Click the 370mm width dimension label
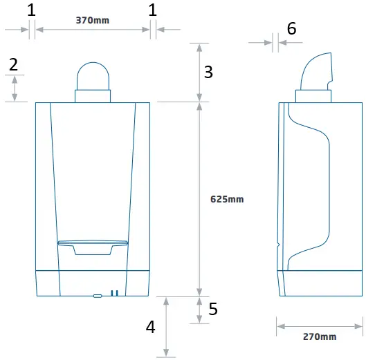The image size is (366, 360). tap(92, 20)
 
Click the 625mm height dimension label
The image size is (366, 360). tap(227, 199)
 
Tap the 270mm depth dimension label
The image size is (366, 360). tap(319, 337)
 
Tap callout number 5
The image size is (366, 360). tap(213, 309)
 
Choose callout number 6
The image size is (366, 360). tap(291, 28)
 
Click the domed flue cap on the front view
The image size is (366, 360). tap(93, 74)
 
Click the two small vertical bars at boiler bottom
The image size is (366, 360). tap(115, 293)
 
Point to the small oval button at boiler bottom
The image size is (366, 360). tap(97, 295)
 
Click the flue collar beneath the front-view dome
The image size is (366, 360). tap(93, 96)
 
